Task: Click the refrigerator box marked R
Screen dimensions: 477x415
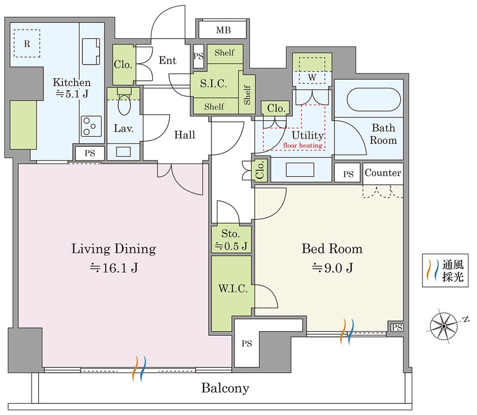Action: pyautogui.click(x=27, y=43)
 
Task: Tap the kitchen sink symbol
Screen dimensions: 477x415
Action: pyautogui.click(x=91, y=51)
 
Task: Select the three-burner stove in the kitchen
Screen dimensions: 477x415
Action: pyautogui.click(x=91, y=126)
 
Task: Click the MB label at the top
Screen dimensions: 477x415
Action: pyautogui.click(x=223, y=30)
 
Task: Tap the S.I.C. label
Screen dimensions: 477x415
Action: pyautogui.click(x=213, y=83)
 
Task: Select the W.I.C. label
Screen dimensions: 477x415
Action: pyautogui.click(x=233, y=289)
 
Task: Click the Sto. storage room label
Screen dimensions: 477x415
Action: pyautogui.click(x=230, y=234)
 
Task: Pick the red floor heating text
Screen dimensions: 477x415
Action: pyautogui.click(x=303, y=145)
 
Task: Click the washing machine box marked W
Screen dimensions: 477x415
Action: pyautogui.click(x=312, y=71)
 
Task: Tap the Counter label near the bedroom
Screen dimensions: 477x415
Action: pyautogui.click(x=383, y=173)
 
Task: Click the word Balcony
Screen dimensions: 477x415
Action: pyautogui.click(x=225, y=388)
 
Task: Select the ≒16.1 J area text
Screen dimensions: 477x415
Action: pyautogui.click(x=114, y=268)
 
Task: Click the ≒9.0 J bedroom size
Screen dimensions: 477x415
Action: pyautogui.click(x=332, y=268)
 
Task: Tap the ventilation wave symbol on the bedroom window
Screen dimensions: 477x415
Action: pyautogui.click(x=347, y=332)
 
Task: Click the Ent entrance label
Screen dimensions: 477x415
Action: pyautogui.click(x=167, y=60)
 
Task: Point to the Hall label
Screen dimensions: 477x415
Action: pyautogui.click(x=185, y=135)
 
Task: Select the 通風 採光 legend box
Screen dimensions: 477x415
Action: pyautogui.click(x=445, y=270)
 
